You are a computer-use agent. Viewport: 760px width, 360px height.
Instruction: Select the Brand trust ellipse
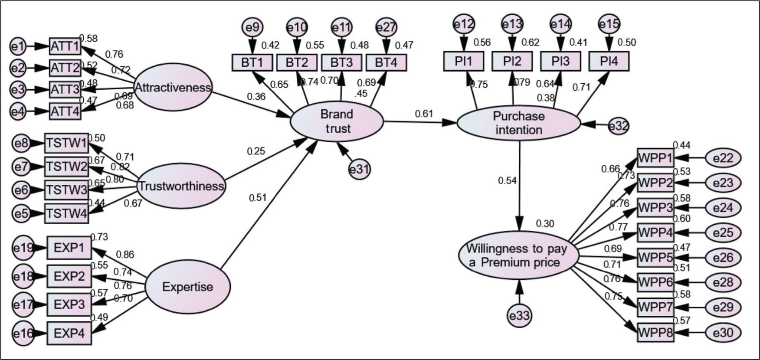(x=337, y=121)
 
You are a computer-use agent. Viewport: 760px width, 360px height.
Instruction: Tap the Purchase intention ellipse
(x=519, y=123)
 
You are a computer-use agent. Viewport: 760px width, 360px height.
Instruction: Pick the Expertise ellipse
(x=187, y=287)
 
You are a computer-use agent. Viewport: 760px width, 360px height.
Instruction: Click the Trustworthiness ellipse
(x=181, y=187)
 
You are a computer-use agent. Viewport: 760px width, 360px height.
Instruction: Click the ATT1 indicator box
(x=65, y=46)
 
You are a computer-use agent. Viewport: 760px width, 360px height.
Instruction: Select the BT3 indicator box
(x=341, y=62)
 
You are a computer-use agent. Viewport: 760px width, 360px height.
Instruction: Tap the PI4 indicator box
(x=609, y=61)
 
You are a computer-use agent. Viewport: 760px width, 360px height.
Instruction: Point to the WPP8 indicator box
(x=655, y=333)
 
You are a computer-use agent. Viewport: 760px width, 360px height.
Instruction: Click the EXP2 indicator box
(x=69, y=276)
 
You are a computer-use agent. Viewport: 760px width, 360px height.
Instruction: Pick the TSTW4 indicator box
(x=66, y=214)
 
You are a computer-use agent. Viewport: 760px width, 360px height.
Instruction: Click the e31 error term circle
(x=360, y=169)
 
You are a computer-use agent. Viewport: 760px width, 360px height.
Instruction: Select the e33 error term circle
(x=519, y=315)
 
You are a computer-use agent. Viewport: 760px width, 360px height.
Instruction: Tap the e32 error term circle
(x=618, y=126)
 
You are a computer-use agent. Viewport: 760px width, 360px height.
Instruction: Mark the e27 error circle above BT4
(x=386, y=27)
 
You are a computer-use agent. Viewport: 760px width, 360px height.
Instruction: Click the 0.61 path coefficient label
(x=424, y=114)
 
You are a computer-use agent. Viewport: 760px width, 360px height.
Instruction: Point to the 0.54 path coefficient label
(x=507, y=180)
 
